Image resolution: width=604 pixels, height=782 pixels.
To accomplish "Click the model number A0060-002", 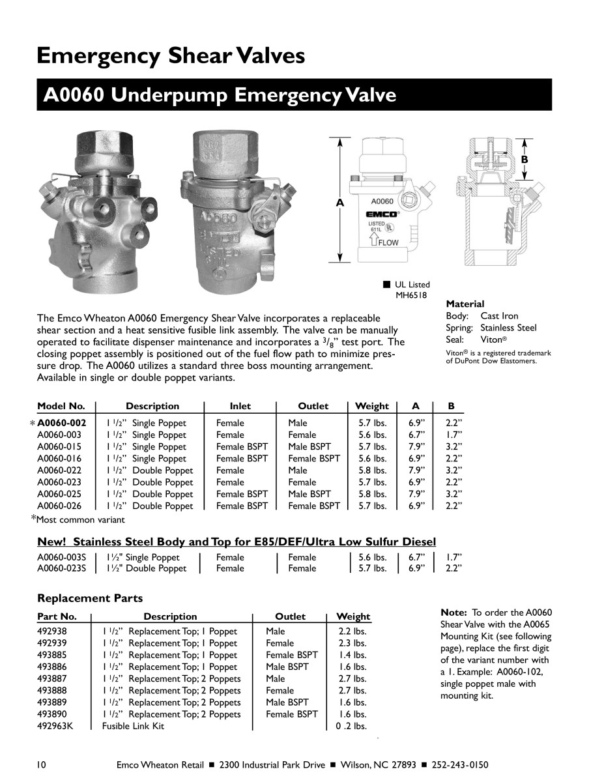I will [62, 423].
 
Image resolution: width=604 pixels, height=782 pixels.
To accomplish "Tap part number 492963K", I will [55, 726].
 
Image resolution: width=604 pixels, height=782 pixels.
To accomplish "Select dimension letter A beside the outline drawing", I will [339, 203].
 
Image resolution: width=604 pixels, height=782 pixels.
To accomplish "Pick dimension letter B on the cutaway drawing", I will [523, 160].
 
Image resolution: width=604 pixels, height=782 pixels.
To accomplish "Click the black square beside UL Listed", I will [386, 284].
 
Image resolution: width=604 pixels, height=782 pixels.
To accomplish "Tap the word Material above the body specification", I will [465, 304].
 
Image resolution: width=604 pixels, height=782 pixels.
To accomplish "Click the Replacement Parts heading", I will [90, 598].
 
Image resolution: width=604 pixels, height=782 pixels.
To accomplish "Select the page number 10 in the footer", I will [42, 764].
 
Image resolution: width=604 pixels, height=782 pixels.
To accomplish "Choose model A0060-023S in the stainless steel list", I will [62, 568].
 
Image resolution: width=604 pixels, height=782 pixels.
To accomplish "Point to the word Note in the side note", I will [453, 613].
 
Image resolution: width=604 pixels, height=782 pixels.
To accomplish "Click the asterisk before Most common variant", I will [34, 518].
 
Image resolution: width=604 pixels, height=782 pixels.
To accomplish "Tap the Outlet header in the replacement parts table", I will [290, 616].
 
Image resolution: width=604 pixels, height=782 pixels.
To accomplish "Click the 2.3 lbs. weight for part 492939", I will [352, 643].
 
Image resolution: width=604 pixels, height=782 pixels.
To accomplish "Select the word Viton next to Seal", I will [493, 340].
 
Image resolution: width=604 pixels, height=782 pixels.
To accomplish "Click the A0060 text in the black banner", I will [73, 95].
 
